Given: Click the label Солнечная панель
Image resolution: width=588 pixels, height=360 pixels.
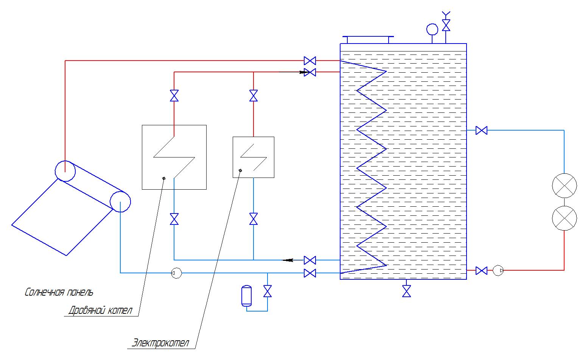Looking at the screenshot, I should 59,292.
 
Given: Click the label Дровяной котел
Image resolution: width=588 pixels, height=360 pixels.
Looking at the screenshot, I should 100,311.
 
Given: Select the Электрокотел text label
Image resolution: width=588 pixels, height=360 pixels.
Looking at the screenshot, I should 160,343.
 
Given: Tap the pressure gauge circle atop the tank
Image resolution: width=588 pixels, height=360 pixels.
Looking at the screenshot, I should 432,29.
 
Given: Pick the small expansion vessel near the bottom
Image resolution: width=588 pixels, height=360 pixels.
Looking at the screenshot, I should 246,296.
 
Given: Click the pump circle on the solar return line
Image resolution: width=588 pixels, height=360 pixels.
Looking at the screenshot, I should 176,273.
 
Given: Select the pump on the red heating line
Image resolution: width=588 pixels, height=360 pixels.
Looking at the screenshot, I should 498,270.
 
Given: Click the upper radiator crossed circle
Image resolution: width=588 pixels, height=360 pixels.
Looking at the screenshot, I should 564,185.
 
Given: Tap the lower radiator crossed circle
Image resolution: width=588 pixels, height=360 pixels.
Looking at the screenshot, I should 564,218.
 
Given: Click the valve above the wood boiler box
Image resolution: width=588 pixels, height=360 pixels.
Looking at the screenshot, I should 174,96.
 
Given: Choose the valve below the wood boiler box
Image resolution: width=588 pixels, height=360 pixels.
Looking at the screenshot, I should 174,219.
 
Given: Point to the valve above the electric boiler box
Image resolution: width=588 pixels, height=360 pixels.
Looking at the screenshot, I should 254,96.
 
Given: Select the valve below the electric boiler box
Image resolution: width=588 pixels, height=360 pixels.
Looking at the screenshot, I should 254,219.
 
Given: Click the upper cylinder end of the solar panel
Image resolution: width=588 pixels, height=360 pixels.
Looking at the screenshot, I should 65,171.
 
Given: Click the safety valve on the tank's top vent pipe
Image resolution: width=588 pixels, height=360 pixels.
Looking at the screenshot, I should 446,25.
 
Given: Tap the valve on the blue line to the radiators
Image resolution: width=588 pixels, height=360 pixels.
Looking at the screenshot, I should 481,131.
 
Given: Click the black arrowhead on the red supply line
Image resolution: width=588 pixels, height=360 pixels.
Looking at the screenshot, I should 304,72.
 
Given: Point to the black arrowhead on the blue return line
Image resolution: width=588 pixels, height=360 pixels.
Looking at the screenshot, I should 288,260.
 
